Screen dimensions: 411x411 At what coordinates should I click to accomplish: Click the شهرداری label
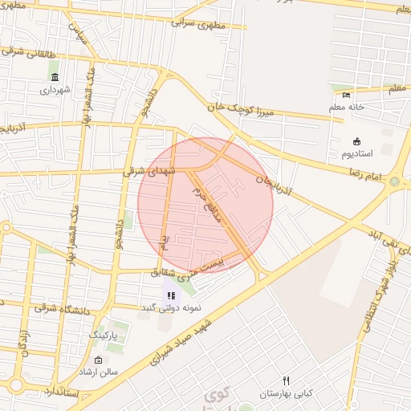click(55, 90)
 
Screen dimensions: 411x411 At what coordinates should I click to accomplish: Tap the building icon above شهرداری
click(55, 77)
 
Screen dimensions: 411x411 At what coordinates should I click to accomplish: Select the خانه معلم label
click(347, 107)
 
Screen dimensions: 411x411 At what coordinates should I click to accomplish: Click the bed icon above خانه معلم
click(347, 95)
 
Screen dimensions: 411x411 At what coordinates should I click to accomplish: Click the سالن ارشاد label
click(98, 372)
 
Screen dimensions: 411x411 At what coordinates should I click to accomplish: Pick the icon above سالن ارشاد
click(98, 360)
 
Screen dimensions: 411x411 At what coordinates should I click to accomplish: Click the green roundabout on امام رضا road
click(394, 183)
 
